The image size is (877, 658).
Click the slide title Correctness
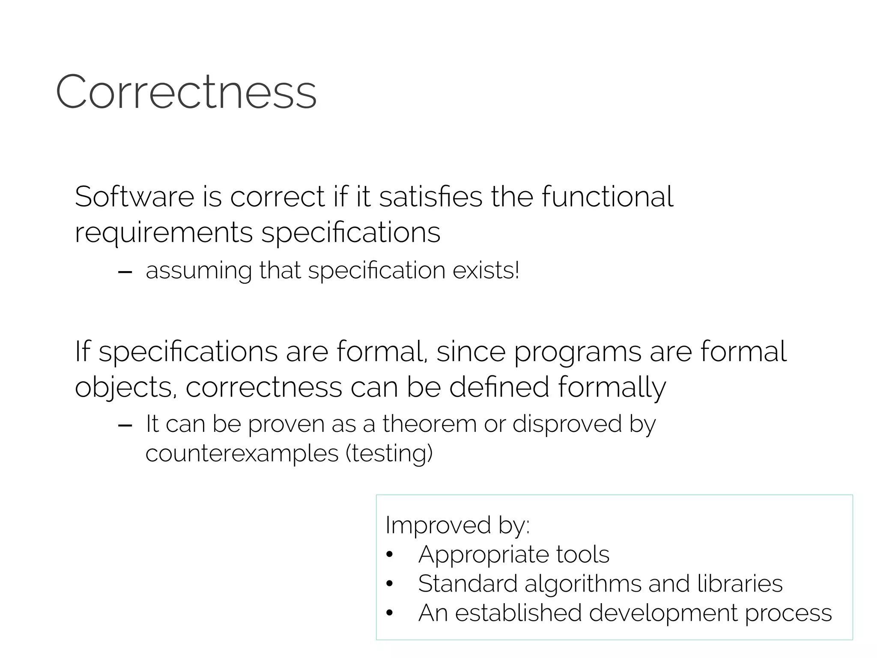pyautogui.click(x=186, y=92)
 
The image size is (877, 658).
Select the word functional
pyautogui.click(x=608, y=197)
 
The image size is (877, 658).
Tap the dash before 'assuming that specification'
pyautogui.click(x=125, y=272)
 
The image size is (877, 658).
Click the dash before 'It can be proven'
pyautogui.click(x=125, y=425)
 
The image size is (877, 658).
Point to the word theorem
pyautogui.click(x=430, y=424)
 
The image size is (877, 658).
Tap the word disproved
pyautogui.click(x=567, y=424)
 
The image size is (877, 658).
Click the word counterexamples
pyautogui.click(x=242, y=454)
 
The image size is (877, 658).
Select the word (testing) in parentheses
pyautogui.click(x=389, y=454)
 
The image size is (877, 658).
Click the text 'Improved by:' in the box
pyautogui.click(x=457, y=525)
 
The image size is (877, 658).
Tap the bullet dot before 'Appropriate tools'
pyautogui.click(x=389, y=555)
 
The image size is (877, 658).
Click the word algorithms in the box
pyautogui.click(x=583, y=584)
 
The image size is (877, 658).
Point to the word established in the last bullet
pyautogui.click(x=518, y=613)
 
